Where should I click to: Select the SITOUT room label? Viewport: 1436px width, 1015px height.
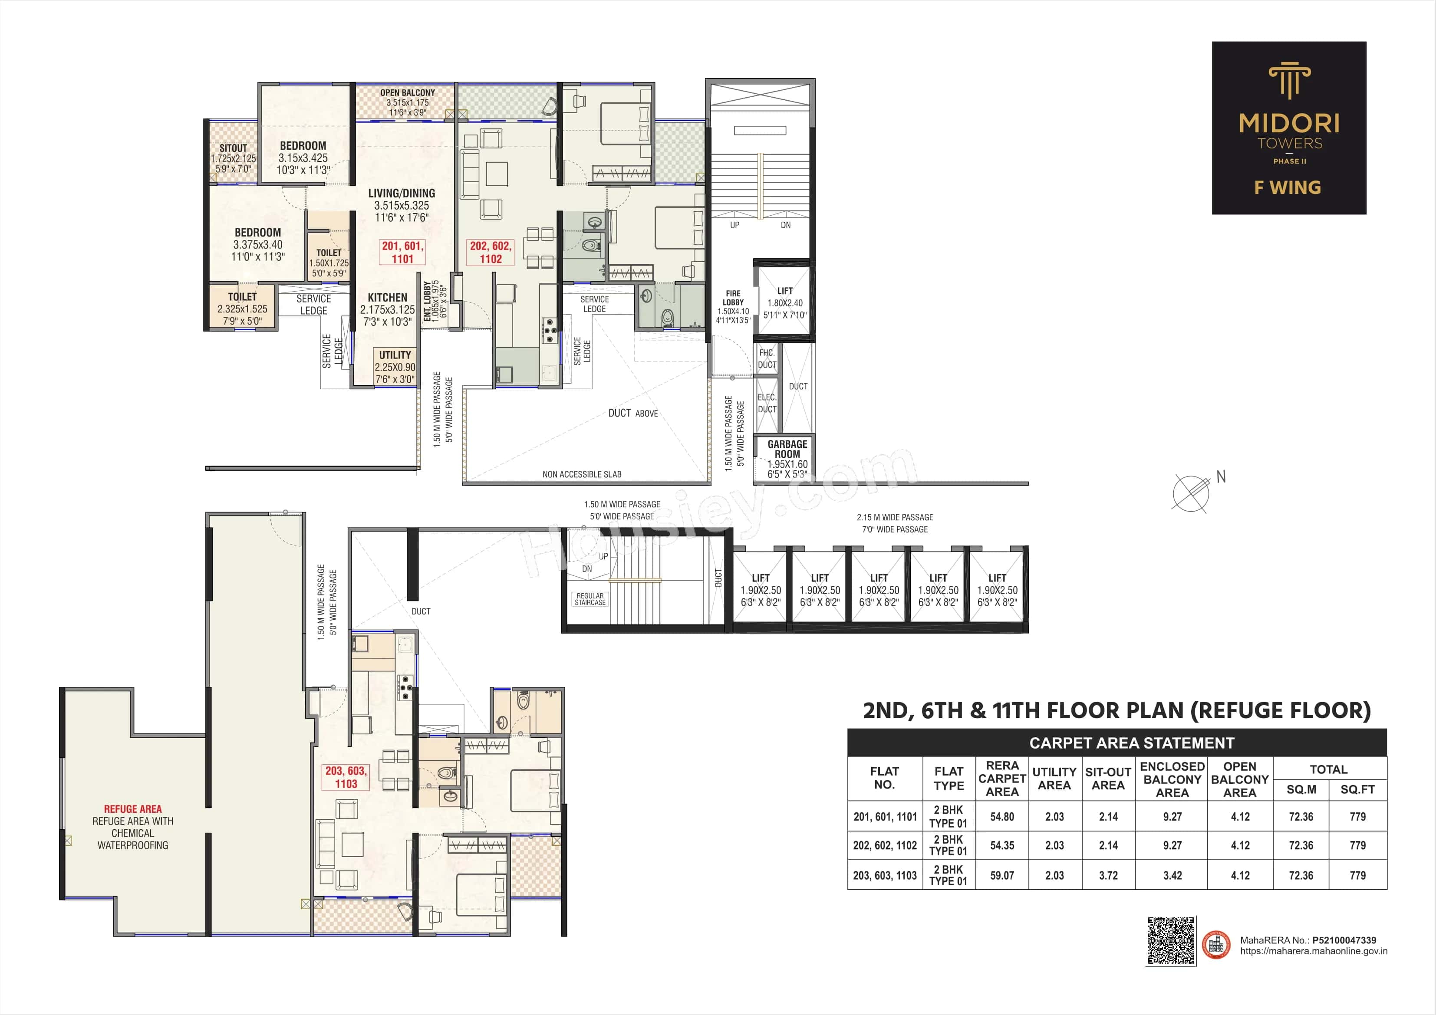pos(233,149)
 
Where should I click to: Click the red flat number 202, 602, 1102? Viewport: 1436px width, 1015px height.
pos(491,253)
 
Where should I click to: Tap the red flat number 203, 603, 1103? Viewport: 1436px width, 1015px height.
pos(346,777)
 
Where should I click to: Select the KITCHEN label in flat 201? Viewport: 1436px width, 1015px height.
pos(387,298)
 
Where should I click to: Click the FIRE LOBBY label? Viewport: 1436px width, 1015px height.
pos(733,298)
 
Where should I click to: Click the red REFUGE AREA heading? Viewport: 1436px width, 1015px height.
pos(132,808)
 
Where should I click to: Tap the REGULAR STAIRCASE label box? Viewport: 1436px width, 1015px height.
pos(590,599)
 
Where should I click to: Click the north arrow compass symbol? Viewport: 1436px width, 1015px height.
pos(1191,493)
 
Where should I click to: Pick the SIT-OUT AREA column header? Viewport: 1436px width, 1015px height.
pos(1108,778)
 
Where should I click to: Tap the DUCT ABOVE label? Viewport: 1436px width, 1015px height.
pos(632,414)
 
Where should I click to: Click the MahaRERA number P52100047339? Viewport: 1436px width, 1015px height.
pos(1344,940)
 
